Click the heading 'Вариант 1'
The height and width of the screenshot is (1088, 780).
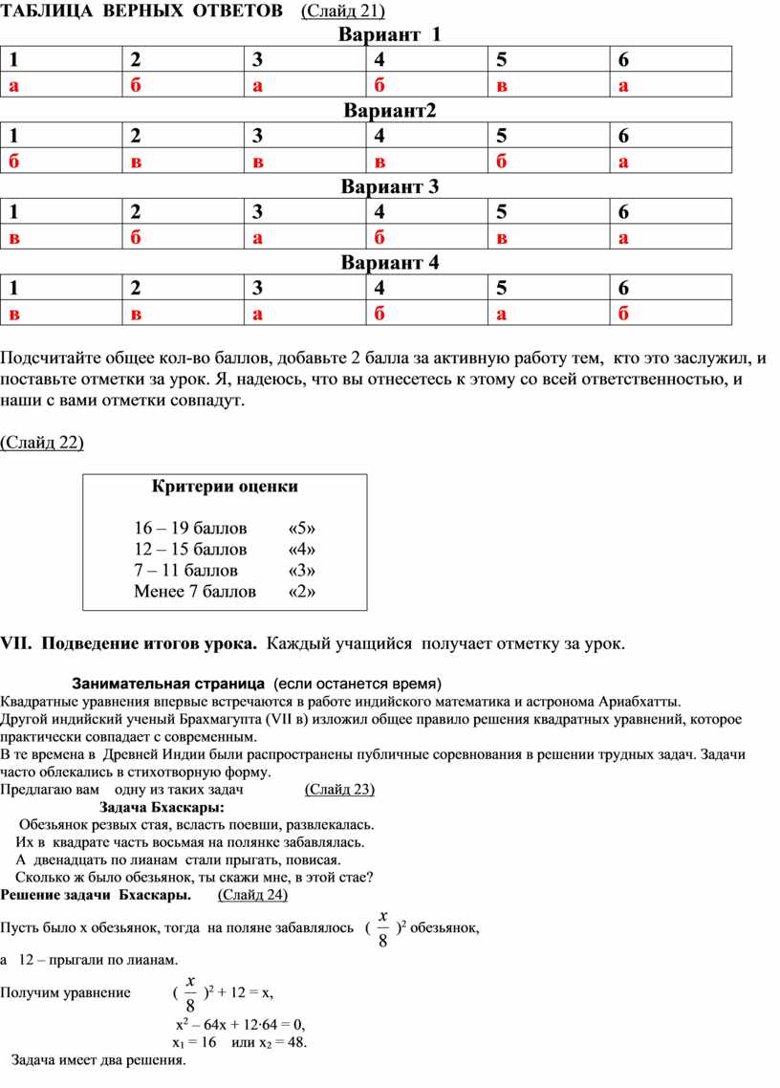coord(390,35)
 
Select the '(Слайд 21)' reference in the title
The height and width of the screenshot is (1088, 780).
coord(342,11)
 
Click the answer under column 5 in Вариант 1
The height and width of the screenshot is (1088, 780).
coord(501,86)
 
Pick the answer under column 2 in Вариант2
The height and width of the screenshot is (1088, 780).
coord(136,162)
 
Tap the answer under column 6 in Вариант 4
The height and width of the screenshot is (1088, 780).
coord(623,314)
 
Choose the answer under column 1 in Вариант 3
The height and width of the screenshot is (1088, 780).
coord(14,238)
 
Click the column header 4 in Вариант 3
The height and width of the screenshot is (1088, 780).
coord(379,211)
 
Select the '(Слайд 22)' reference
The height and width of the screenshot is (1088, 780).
coord(42,442)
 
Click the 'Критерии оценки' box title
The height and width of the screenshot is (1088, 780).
coord(225,486)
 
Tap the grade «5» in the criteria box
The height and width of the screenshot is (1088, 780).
coord(301,528)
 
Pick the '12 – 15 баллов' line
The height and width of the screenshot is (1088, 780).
coord(190,549)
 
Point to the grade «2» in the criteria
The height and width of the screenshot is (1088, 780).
coord(301,591)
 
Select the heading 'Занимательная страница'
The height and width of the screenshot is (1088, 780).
coord(168,685)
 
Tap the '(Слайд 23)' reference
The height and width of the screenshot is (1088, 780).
coord(339,789)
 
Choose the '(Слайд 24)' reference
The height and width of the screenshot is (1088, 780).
coord(252,895)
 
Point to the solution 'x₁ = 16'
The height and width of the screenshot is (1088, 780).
coord(194,1041)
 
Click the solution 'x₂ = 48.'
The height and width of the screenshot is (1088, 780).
coord(277,1041)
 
